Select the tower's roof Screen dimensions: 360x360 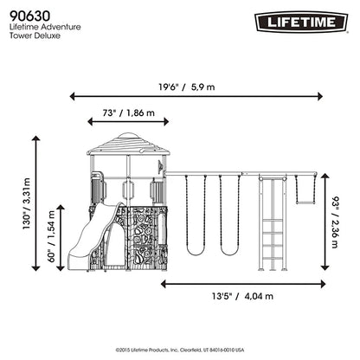tap(125, 141)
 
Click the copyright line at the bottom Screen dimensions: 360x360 tap(180, 349)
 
